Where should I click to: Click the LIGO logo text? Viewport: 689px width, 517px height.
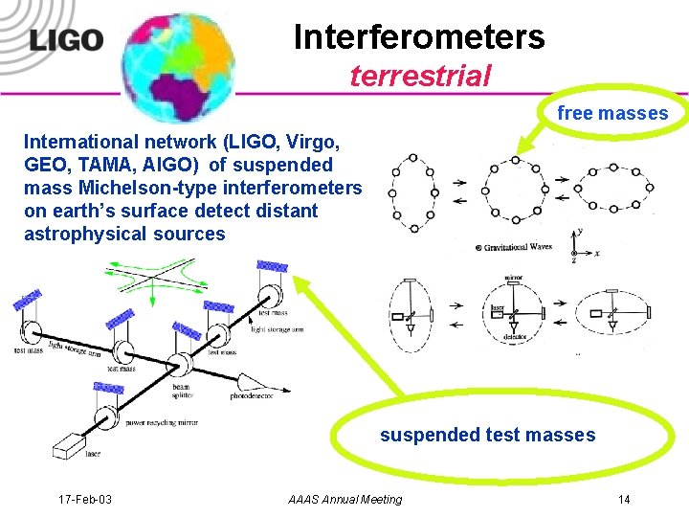coord(66,39)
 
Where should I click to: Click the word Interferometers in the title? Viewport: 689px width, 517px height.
coord(419,37)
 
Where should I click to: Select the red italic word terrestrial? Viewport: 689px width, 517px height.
coord(420,76)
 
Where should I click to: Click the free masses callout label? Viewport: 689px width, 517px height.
coord(612,114)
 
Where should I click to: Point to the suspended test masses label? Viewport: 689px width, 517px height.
coord(487,436)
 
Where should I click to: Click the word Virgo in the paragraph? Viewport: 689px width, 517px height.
coord(306,143)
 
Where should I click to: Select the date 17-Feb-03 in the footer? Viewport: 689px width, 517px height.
coord(84,500)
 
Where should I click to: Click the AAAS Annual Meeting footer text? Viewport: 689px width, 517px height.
coord(344,500)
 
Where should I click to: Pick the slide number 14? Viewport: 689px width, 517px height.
coord(624,500)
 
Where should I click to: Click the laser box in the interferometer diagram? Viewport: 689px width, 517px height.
coord(71,445)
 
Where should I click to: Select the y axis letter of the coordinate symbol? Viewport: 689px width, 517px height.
coord(580,231)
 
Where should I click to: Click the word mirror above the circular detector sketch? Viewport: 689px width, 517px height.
coord(513,279)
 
